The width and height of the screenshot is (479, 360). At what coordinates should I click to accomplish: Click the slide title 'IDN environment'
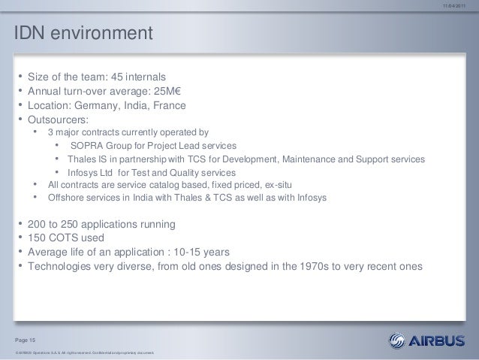coord(80,35)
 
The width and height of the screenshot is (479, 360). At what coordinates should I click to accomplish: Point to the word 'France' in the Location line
coord(167,105)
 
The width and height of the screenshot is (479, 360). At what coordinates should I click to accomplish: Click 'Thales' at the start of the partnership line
coord(79,159)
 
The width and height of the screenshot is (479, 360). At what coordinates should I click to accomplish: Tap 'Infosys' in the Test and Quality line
coord(80,173)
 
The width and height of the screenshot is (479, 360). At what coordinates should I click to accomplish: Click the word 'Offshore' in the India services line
coord(65,198)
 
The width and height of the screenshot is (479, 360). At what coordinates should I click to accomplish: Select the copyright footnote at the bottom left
coord(80,352)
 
